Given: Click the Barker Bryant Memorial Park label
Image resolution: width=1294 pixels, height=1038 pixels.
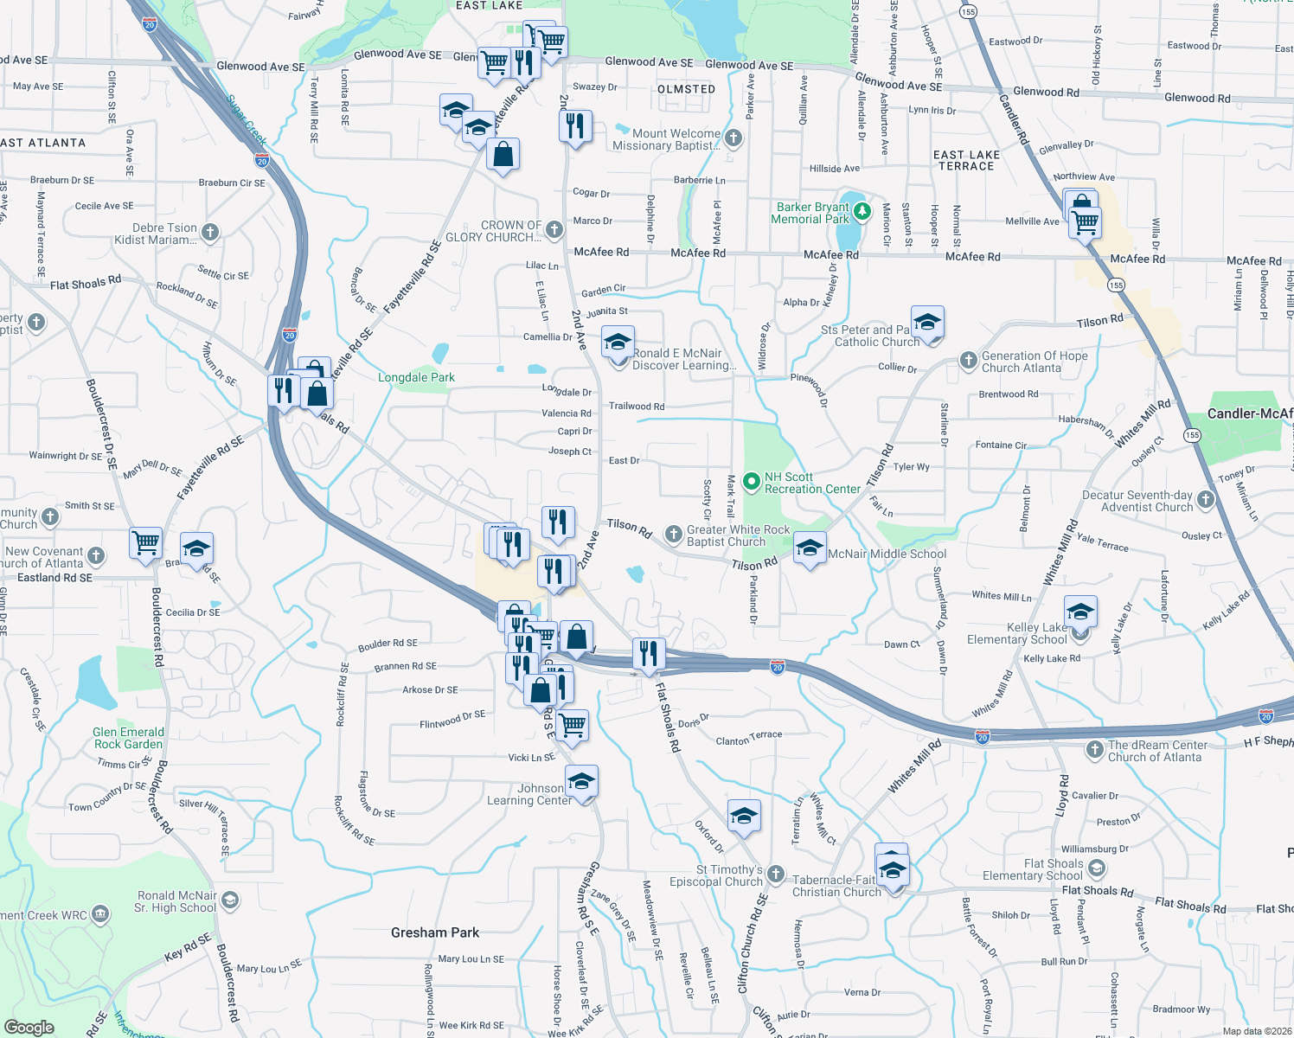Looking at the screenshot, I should (x=812, y=213).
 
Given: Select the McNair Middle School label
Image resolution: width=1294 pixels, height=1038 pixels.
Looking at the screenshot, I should (x=887, y=554).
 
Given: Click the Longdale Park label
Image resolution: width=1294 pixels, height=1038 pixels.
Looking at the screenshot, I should (x=416, y=377).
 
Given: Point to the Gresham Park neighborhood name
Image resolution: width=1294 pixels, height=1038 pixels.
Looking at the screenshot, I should (x=434, y=932).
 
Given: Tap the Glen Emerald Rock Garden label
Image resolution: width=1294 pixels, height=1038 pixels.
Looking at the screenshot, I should (x=128, y=738).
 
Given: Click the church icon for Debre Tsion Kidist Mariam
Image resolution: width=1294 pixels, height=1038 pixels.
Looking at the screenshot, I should (x=210, y=232).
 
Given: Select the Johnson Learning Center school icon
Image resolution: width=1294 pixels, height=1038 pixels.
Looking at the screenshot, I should (x=582, y=781).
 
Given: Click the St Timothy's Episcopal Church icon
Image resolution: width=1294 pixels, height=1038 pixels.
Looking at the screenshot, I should (x=776, y=875).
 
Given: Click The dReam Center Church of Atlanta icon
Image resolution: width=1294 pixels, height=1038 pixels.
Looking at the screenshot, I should (x=1095, y=749).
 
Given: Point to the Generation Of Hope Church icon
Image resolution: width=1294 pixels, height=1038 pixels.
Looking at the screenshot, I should (x=969, y=360).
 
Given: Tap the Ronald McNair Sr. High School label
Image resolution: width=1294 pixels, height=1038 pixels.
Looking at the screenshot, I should (x=176, y=901).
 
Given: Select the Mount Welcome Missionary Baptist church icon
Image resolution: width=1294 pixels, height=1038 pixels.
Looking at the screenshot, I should (x=733, y=138).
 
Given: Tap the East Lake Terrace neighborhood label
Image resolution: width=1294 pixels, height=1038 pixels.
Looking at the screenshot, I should (x=966, y=160).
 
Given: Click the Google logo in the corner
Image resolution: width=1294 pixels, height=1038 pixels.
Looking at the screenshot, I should (x=29, y=1027).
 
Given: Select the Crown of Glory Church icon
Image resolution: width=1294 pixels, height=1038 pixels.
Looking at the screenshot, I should (x=554, y=229).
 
